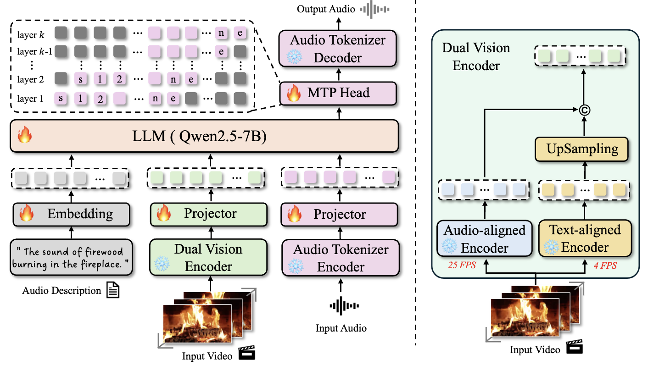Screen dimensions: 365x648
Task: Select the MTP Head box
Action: click(338, 93)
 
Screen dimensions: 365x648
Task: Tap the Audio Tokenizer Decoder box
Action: click(338, 49)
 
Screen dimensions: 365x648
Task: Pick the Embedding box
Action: click(71, 213)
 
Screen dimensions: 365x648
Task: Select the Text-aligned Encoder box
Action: click(585, 238)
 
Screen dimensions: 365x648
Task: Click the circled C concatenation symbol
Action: click(584, 110)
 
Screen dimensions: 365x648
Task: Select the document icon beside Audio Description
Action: click(112, 290)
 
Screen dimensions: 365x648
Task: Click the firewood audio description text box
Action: click(71, 258)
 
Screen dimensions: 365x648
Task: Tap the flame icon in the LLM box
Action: click(24, 136)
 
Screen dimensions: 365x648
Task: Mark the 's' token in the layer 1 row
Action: click(61, 98)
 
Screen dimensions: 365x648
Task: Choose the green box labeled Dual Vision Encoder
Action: click(209, 258)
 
